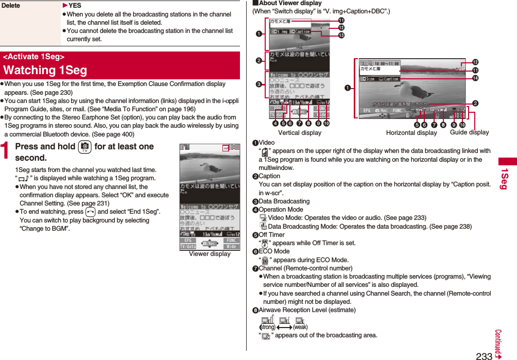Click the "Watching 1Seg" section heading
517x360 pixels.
pyautogui.click(x=45, y=70)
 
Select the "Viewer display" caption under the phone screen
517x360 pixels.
pyautogui.click(x=210, y=254)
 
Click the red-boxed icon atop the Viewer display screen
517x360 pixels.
pyautogui.click(x=225, y=148)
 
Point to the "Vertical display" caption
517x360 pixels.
pyautogui.click(x=300, y=133)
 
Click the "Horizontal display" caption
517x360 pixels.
pyautogui.click(x=411, y=133)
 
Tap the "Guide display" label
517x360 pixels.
pyautogui.click(x=469, y=132)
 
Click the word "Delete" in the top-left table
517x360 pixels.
pyautogui.click(x=11, y=6)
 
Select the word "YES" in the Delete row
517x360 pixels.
pyautogui.click(x=75, y=6)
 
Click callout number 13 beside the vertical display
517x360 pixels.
pyautogui.click(x=341, y=36)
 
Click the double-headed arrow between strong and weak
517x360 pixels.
pyautogui.click(x=284, y=327)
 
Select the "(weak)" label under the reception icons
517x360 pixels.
pyautogui.click(x=300, y=327)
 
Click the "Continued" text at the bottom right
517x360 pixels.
pyautogui.click(x=498, y=343)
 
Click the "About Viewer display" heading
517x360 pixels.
pyautogui.click(x=289, y=3)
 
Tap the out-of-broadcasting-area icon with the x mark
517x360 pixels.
pyautogui.click(x=266, y=336)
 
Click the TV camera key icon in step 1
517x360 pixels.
pyautogui.click(x=82, y=147)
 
